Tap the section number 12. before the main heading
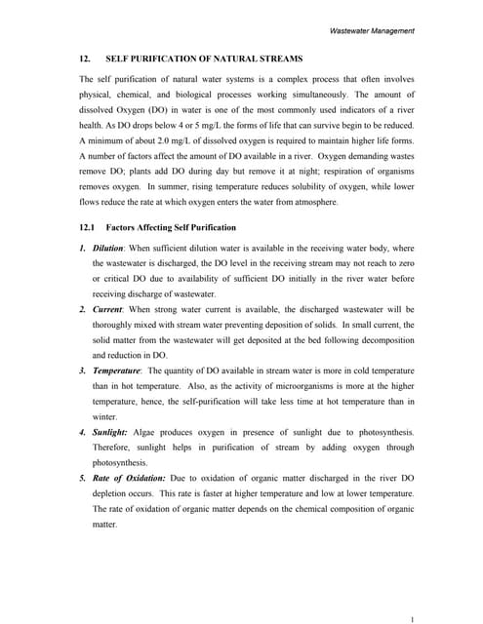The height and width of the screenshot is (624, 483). coord(85,58)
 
